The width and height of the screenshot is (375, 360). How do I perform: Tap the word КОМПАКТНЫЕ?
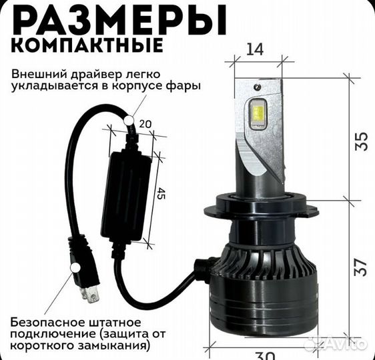click(87, 47)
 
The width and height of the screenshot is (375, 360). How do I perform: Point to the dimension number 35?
click(362, 141)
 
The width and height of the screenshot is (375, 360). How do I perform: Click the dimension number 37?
click(362, 270)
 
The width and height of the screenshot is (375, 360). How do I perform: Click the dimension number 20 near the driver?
click(147, 124)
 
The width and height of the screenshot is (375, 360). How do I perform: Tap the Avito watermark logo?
click(335, 344)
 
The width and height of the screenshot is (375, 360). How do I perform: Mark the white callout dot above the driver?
click(129, 121)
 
